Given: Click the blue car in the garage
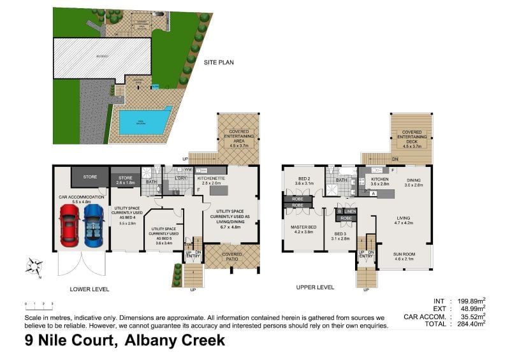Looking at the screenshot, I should pos(93,225).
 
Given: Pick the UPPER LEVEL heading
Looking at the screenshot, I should pos(315,287).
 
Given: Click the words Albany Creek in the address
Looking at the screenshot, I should pos(175,340).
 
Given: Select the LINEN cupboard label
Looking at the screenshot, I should pos(350,211).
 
